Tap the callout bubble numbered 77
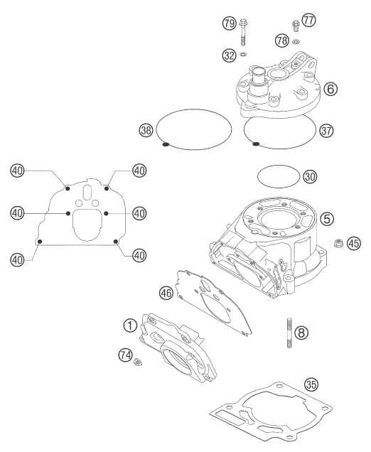click(308, 22)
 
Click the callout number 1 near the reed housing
click(129, 325)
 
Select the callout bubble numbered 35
click(310, 385)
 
